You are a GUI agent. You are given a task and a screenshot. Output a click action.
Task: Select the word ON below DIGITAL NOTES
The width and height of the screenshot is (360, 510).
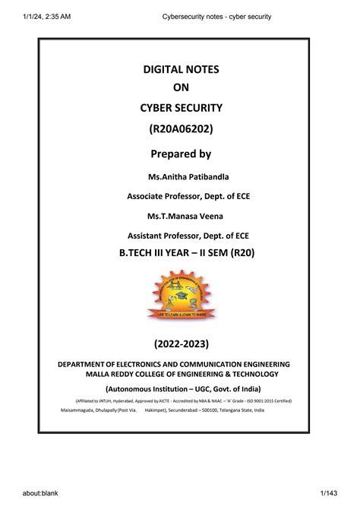pyautogui.click(x=181, y=87)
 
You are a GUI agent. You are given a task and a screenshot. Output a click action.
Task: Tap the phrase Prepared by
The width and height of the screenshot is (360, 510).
pyautogui.click(x=181, y=154)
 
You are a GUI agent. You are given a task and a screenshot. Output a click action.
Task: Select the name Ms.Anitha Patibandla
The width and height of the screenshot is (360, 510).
pyautogui.click(x=181, y=177)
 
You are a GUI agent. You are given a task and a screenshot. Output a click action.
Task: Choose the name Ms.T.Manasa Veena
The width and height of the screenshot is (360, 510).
pyautogui.click(x=181, y=217)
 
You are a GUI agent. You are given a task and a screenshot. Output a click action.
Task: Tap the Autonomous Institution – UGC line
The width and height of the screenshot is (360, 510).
pyautogui.click(x=181, y=388)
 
